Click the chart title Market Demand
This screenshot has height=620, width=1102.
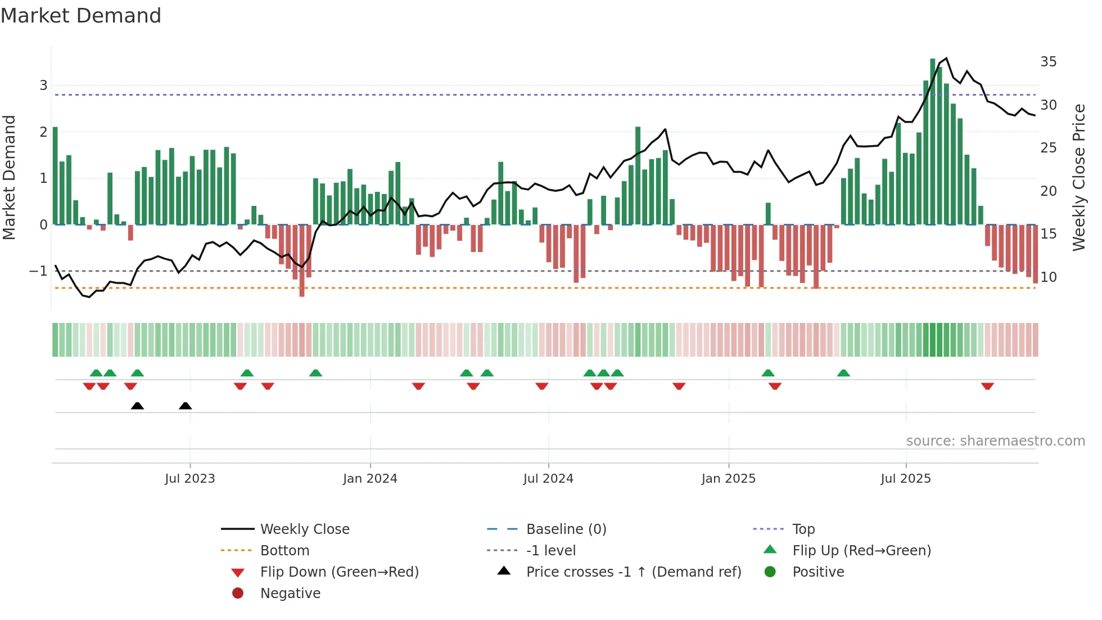coord(81,16)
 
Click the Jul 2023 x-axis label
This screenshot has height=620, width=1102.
coord(190,479)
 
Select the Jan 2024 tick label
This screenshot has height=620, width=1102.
coord(370,479)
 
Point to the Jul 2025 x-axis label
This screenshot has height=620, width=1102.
coord(906,479)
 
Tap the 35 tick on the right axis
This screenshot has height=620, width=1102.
coord(1048,62)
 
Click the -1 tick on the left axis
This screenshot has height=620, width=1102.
coord(38,271)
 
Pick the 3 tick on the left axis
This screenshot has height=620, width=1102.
coord(43,86)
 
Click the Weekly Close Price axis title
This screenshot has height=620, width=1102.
coord(1078,177)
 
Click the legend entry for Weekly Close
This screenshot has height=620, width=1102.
coord(304,529)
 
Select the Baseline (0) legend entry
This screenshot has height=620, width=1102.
coord(566,529)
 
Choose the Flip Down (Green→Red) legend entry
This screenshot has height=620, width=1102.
coord(339,572)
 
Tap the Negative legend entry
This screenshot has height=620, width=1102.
coord(290,594)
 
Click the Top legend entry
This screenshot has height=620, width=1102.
coord(803,529)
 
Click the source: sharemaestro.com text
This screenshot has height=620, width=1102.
coord(995,441)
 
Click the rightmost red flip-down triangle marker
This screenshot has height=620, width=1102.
coord(987,386)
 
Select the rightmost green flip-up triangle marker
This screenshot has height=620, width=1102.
coord(843,373)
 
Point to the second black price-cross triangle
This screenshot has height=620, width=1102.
coord(186,406)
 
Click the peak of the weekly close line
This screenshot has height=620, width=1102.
coord(946,58)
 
